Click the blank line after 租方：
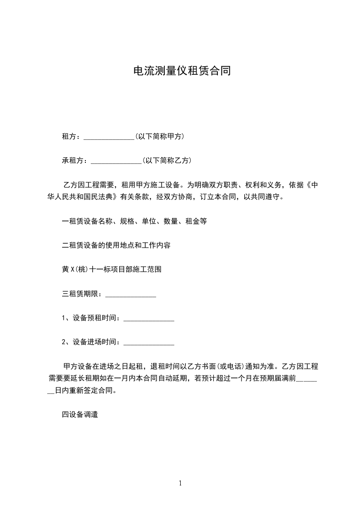pos(109,137)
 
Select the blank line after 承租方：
pos(116,161)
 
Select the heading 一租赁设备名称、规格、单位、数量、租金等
pos(134,221)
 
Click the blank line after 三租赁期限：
pos(131,294)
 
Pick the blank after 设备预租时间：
pos(149,318)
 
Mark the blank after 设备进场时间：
pos(149,343)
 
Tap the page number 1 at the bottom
pos(180,483)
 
